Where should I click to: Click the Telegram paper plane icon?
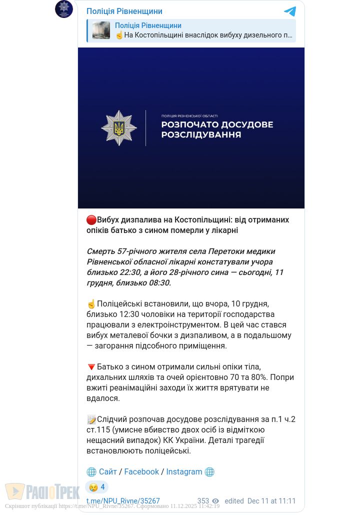290,11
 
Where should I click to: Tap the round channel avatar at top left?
64,9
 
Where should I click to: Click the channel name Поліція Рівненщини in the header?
124,11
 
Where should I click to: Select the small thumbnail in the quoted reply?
101,30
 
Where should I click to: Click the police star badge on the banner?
119,128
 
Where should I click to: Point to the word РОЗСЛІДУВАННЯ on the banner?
201,134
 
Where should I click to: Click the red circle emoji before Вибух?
91,220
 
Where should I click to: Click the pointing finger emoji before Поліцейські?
91,304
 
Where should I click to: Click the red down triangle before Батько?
91,367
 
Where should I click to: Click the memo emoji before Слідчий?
91,419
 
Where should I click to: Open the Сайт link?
107,472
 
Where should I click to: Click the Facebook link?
141,472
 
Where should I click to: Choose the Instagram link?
184,472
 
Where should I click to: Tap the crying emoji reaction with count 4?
97,487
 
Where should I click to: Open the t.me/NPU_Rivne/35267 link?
123,501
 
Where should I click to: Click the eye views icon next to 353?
215,501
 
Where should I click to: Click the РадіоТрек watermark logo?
42,491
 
